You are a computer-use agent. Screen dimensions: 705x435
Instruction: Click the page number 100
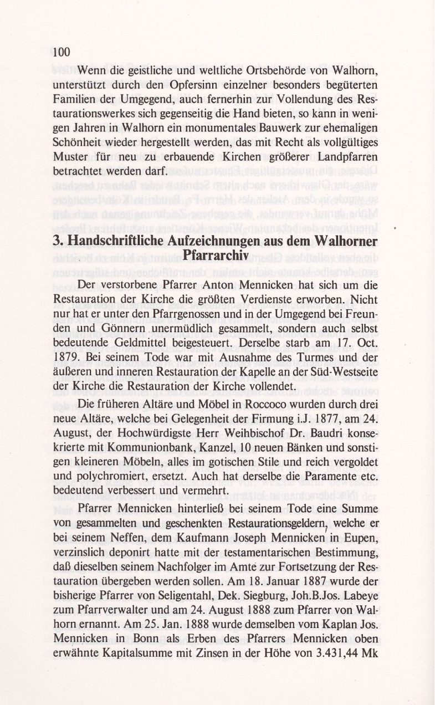coord(62,53)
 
